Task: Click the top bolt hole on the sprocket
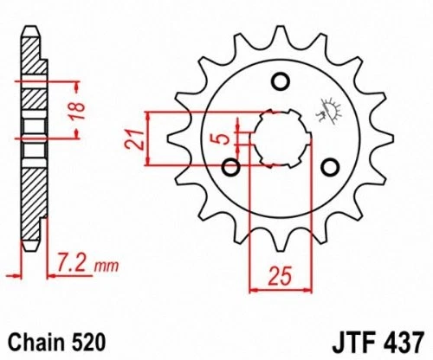click(280, 82)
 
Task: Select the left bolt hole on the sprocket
click(230, 165)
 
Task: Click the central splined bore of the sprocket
click(280, 138)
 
